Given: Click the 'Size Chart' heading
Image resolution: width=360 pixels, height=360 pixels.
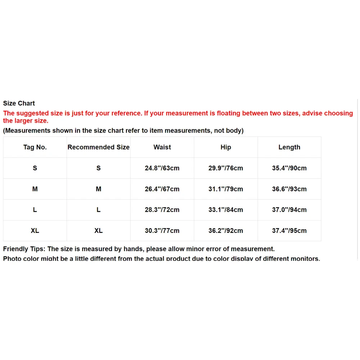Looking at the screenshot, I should pos(19,103).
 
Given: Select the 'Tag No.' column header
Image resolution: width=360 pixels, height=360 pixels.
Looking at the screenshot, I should pos(35,147).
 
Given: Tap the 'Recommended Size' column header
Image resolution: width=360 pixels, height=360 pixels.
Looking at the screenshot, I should pos(98,147).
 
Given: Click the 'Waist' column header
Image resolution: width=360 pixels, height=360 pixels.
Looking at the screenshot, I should pos(162,147).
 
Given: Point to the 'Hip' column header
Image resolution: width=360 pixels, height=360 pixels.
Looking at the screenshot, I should pos(226,147).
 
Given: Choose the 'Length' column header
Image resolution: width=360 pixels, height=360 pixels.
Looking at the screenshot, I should pos(289,147).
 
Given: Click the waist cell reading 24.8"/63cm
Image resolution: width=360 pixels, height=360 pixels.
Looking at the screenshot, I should pos(162,168).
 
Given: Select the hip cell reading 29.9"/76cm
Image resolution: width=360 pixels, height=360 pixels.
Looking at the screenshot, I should pos(226,168).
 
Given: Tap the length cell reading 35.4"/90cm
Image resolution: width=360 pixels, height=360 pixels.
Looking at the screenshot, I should pos(289,168).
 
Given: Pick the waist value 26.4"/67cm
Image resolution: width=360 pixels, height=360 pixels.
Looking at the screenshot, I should pos(162,189).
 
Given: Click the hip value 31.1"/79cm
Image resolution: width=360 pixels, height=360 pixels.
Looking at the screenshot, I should pos(226,189).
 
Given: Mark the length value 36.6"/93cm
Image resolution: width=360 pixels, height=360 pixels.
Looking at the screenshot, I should pos(289,189).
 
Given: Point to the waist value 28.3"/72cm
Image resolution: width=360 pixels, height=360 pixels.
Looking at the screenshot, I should pos(162,210).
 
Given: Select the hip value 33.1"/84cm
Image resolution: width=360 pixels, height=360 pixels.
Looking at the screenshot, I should pos(226,210).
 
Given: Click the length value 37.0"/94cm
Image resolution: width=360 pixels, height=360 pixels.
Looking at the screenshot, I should pos(289,210).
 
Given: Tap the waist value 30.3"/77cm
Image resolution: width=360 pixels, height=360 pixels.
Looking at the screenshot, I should pos(162,231).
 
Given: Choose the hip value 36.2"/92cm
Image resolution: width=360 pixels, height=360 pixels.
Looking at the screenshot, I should pos(226,231).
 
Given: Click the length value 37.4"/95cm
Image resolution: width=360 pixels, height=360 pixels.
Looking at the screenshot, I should pos(289,231).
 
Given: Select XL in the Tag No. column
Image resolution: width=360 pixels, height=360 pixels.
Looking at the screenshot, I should pos(35,231).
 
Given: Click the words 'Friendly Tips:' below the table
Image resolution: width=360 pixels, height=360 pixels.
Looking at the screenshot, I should pos(24,249).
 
